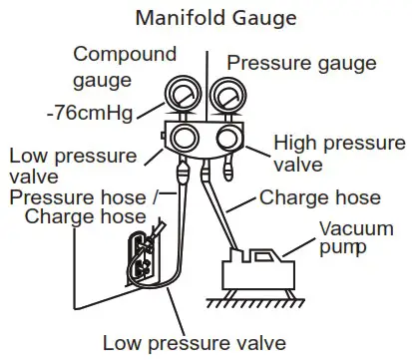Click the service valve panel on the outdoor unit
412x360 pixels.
point(140,254)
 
